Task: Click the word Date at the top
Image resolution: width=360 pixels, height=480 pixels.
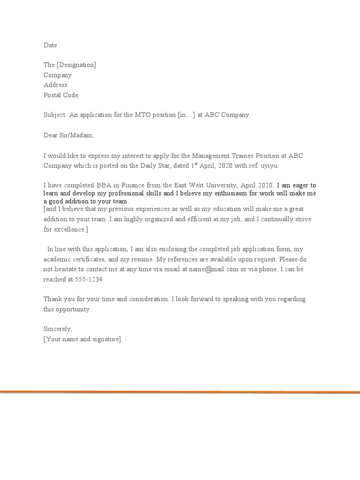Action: (x=50, y=45)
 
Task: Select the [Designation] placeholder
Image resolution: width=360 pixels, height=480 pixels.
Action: (x=76, y=65)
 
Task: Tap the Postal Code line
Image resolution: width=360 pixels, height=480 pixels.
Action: (x=61, y=95)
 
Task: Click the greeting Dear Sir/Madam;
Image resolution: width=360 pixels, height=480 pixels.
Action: (x=68, y=135)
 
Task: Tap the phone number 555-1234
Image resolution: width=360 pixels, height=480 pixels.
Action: (x=90, y=279)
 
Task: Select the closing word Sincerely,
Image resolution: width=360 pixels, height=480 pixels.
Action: (x=58, y=329)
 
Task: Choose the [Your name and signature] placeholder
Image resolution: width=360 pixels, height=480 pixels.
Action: (x=82, y=339)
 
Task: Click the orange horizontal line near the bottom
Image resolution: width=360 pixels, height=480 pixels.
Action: (x=180, y=392)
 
